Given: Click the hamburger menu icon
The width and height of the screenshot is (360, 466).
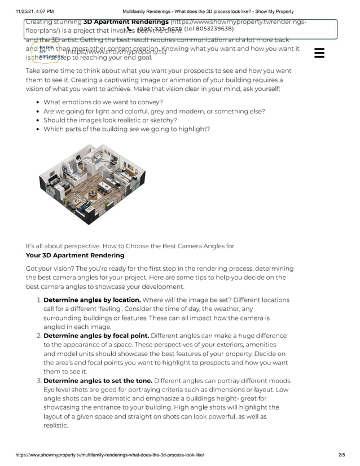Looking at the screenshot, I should tap(319, 53).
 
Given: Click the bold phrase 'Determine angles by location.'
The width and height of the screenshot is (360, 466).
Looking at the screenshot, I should tap(92, 300).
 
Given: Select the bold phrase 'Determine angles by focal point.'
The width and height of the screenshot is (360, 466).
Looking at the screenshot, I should tap(96, 335).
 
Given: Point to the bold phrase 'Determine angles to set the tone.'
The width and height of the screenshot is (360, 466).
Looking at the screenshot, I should tap(98, 380).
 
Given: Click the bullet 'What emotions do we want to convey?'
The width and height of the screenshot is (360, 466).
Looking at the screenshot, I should tap(103, 102).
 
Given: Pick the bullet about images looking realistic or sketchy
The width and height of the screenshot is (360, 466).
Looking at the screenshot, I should tap(110, 120).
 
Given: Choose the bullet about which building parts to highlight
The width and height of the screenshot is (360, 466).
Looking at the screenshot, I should tap(126, 129).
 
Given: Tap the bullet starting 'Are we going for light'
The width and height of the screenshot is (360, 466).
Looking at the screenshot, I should tap(154, 111).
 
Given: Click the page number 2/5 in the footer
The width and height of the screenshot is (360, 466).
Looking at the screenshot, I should tap(341, 455).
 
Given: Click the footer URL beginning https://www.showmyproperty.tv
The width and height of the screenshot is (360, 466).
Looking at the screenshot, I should tap(110, 455).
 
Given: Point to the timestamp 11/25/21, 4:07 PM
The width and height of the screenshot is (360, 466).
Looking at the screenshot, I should tap(35, 11).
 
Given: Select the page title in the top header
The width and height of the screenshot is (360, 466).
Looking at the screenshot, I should tap(208, 11).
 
